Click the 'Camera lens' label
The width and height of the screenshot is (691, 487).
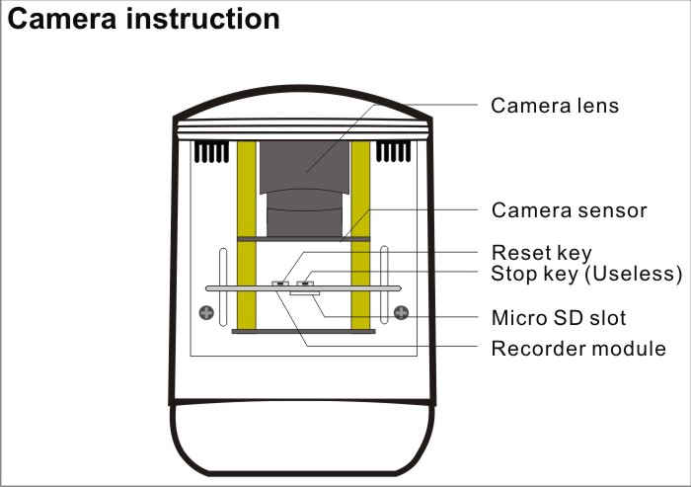tap(555, 105)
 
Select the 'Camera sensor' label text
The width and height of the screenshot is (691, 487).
tap(569, 210)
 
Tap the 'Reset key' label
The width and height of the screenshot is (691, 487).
tap(541, 254)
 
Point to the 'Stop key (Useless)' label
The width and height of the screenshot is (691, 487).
tap(586, 273)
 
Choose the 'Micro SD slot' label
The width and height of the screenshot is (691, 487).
tap(558, 318)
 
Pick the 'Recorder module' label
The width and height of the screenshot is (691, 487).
tap(577, 349)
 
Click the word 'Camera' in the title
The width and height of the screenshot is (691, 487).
tap(68, 20)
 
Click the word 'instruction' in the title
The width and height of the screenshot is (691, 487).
tap(209, 20)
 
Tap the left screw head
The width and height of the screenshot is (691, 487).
tap(205, 314)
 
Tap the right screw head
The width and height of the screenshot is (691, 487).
tap(400, 314)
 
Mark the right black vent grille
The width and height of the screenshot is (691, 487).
tap(393, 151)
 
